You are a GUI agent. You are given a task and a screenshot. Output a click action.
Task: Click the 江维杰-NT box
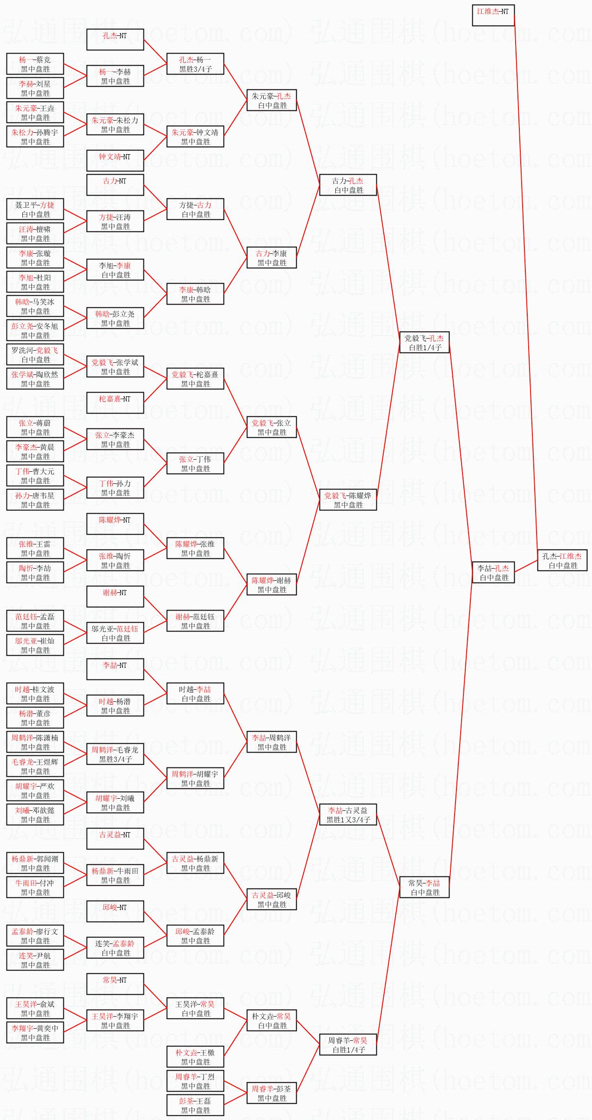493,15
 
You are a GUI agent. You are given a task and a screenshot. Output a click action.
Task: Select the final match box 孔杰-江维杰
562,560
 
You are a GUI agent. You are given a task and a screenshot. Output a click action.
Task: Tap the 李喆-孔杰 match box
493,572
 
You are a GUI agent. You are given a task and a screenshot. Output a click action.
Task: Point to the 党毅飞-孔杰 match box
424,342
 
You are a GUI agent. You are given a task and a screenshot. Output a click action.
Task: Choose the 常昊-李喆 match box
424,887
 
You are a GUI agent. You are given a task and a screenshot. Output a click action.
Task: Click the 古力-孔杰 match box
348,185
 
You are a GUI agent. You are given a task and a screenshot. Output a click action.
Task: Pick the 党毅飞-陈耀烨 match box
348,500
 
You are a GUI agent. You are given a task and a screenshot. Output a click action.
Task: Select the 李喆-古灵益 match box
348,815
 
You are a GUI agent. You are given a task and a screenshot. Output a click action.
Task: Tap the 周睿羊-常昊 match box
348,1045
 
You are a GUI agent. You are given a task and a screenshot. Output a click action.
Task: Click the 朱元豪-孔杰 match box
272,100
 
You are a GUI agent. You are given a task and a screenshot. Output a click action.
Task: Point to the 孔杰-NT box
115,40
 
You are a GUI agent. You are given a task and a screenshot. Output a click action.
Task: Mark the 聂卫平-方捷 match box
35,209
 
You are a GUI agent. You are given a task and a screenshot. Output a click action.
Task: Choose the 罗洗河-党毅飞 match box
35,354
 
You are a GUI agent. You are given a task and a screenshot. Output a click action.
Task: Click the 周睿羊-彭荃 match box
272,1093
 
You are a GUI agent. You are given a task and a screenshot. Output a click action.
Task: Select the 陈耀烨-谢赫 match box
272,584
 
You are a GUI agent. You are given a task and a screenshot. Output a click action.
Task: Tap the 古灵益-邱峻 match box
272,899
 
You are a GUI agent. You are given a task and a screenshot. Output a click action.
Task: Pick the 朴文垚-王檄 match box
195,1057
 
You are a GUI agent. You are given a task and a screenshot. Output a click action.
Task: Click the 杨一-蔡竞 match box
35,64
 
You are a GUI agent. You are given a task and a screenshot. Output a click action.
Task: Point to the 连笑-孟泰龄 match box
115,948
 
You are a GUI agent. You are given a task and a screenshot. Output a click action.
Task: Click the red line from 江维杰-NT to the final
526,279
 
